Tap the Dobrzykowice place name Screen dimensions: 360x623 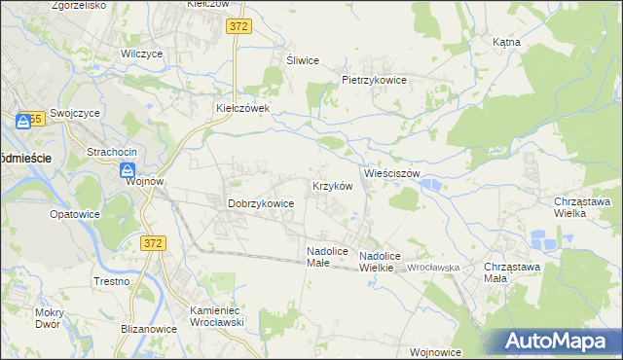point(261,203)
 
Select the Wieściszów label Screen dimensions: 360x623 point(391,173)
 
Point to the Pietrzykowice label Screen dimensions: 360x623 point(373,80)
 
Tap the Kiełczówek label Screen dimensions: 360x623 point(249,108)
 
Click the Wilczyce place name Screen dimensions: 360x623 point(140,54)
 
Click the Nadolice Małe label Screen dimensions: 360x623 point(326,257)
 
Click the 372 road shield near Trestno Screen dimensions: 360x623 point(153,242)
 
